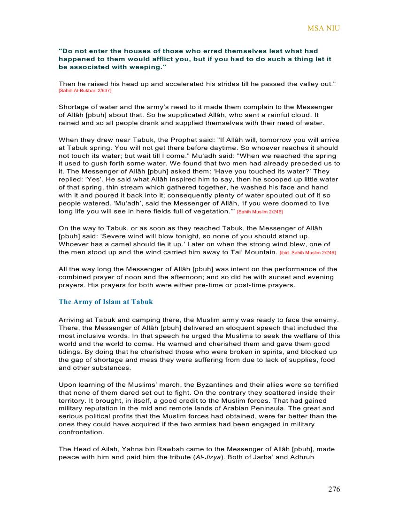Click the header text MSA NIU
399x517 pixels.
323,28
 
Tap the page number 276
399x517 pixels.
334,489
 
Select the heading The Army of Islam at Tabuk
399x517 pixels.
106,302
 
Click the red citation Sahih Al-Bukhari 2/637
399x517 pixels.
85,90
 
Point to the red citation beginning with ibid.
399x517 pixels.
307,253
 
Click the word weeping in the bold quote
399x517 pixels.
142,67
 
